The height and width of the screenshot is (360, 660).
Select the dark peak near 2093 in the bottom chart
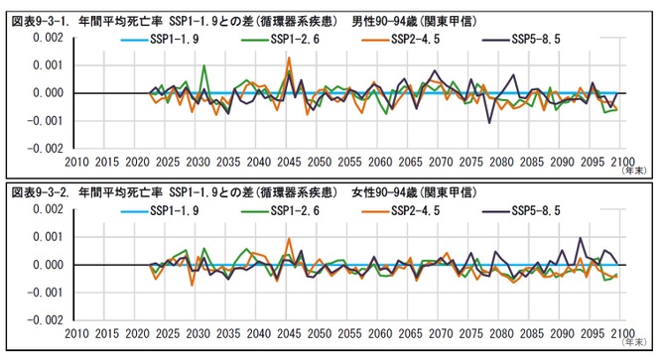pyautogui.click(x=580, y=239)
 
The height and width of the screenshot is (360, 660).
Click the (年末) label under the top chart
pyautogui.click(x=634, y=171)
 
